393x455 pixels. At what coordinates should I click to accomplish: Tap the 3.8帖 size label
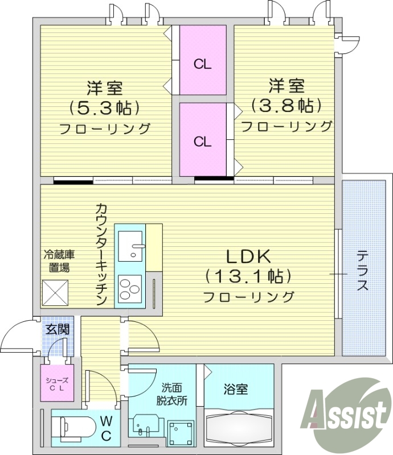tap(286, 105)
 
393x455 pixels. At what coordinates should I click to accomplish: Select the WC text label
tap(107, 428)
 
